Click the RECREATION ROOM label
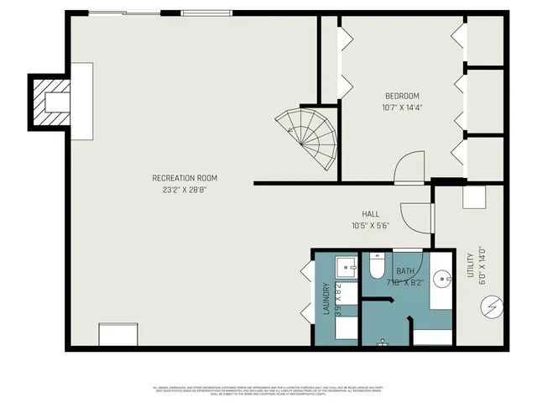(x=185, y=178)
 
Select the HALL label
(x=371, y=214)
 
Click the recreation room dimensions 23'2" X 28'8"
(x=185, y=191)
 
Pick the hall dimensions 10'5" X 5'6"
(x=371, y=226)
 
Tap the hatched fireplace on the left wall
(x=50, y=102)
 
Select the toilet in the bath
(x=376, y=267)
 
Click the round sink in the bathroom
(x=442, y=276)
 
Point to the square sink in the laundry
(x=347, y=268)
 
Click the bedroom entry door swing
(x=409, y=168)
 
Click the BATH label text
(x=405, y=270)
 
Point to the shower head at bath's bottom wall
(x=383, y=342)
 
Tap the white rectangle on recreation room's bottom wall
(x=117, y=335)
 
